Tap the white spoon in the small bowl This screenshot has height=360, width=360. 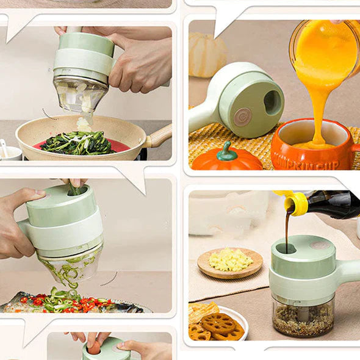(5, 148)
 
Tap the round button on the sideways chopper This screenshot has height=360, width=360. (242, 117)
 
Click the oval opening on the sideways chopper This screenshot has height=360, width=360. (273, 102)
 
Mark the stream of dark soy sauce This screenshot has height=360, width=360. (287, 232)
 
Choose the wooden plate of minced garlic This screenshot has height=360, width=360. (230, 262)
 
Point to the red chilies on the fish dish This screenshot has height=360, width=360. (85, 302)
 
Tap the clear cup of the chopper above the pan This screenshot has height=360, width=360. (80, 95)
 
